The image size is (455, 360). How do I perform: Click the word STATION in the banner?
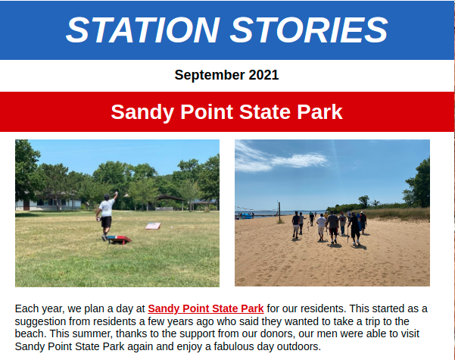pyautogui.click(x=143, y=30)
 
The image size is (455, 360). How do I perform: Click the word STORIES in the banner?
pyautogui.click(x=309, y=30)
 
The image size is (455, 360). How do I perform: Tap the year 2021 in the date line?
pyautogui.click(x=263, y=75)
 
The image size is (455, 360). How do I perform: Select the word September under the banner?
pyautogui.click(x=210, y=75)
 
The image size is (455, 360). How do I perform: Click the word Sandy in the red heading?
pyautogui.click(x=143, y=112)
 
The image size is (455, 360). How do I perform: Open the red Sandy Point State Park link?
pyautogui.click(x=206, y=308)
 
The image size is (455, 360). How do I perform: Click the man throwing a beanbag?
pyautogui.click(x=106, y=216)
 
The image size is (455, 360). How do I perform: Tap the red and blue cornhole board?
pyautogui.click(x=120, y=239)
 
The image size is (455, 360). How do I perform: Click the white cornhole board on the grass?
pyautogui.click(x=153, y=226)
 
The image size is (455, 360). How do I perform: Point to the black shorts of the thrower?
pyautogui.click(x=106, y=222)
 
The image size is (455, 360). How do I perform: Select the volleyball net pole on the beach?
pyautogui.click(x=279, y=212)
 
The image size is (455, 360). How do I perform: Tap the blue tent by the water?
pyautogui.click(x=247, y=216)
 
